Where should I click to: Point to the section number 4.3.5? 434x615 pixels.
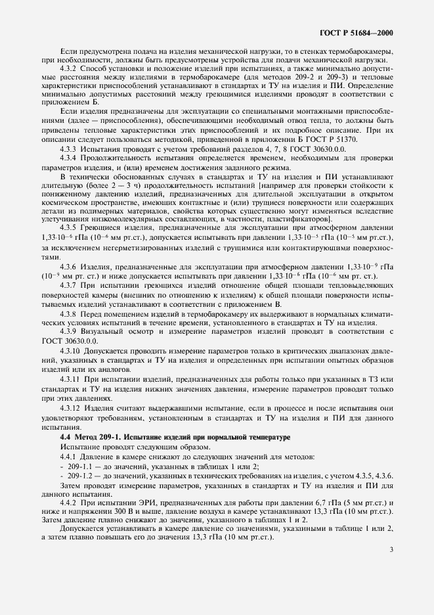(68, 245)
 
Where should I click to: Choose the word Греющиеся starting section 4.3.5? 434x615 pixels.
(104, 245)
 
